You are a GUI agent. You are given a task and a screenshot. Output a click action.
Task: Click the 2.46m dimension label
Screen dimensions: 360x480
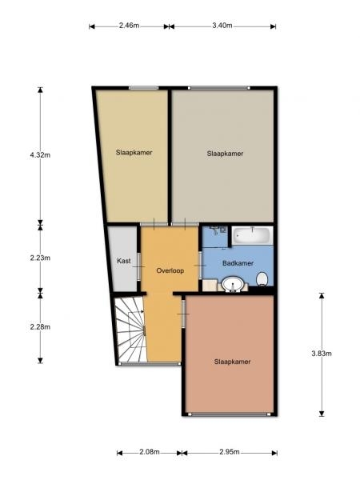pyautogui.click(x=129, y=26)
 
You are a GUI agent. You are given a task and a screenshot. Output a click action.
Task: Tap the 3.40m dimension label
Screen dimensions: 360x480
pyautogui.click(x=222, y=26)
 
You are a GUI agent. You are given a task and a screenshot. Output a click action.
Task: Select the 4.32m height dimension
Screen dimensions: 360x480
pyautogui.click(x=40, y=155)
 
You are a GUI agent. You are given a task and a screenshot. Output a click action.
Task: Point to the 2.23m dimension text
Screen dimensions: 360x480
pyautogui.click(x=40, y=258)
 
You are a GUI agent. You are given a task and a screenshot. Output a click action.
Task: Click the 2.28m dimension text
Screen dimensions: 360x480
pyautogui.click(x=40, y=326)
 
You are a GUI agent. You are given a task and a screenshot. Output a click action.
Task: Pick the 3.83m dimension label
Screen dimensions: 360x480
pyautogui.click(x=322, y=354)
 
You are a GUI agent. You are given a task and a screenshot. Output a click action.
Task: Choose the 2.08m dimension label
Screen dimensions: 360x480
pyautogui.click(x=150, y=452)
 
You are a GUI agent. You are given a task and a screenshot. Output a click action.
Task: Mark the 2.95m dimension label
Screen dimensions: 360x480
pyautogui.click(x=230, y=452)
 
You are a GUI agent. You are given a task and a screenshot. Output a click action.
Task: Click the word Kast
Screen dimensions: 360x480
pyautogui.click(x=124, y=261)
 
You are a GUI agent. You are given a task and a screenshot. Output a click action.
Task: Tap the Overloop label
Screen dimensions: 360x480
pyautogui.click(x=170, y=270)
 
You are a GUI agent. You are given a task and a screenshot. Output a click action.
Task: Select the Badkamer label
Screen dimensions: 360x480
pyautogui.click(x=238, y=263)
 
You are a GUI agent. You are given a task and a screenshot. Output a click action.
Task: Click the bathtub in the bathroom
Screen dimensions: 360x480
pyautogui.click(x=252, y=235)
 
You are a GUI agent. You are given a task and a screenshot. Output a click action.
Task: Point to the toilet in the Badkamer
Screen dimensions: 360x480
pyautogui.click(x=262, y=279)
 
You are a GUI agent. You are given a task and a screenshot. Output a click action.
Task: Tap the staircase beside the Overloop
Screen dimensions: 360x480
pyautogui.click(x=130, y=330)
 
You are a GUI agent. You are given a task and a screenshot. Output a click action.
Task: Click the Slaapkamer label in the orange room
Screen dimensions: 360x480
pyautogui.click(x=232, y=362)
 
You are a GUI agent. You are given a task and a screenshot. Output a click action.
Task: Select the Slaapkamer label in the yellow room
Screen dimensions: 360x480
pyautogui.click(x=134, y=152)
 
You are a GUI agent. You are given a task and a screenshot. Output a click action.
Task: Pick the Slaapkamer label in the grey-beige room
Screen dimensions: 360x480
pyautogui.click(x=225, y=154)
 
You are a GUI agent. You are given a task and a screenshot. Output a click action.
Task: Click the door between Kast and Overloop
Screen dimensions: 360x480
pyautogui.click(x=138, y=266)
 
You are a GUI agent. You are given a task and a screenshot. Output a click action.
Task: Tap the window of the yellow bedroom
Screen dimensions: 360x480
pyautogui.click(x=143, y=88)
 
